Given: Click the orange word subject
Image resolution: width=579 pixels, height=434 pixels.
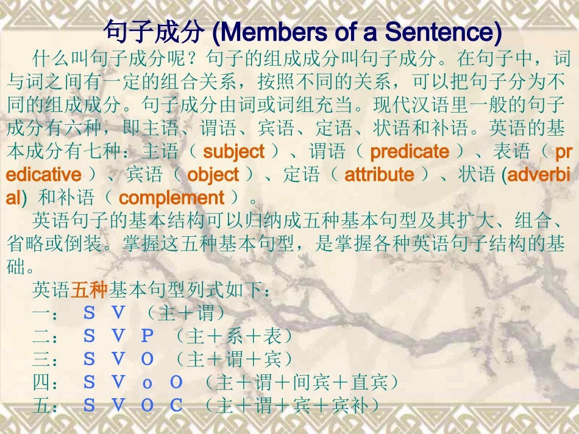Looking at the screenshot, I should click(x=233, y=151).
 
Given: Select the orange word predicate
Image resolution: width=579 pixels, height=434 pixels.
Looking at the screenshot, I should click(x=409, y=151).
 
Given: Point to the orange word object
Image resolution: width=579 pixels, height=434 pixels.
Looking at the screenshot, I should click(x=213, y=175).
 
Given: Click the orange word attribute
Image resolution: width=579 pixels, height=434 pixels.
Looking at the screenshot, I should click(x=379, y=175).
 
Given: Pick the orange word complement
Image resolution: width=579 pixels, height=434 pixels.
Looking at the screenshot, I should click(x=171, y=198).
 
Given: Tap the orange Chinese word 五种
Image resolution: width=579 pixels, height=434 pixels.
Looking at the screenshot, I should click(x=89, y=290).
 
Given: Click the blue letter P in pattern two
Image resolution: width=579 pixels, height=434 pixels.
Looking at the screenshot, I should click(x=147, y=336).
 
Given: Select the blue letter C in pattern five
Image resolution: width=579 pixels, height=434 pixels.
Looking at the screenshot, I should click(x=176, y=405).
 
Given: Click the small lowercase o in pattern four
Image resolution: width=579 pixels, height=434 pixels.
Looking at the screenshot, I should click(x=147, y=383).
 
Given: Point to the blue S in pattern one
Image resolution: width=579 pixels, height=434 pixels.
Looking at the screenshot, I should click(x=89, y=313).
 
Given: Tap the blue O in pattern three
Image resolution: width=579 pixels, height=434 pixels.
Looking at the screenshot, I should click(x=147, y=359).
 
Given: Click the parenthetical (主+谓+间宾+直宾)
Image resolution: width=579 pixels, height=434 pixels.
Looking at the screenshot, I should click(x=301, y=382).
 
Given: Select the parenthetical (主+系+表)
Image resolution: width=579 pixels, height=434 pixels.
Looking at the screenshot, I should click(x=233, y=336).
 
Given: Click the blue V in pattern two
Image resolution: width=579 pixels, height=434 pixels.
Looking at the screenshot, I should click(x=118, y=336).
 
